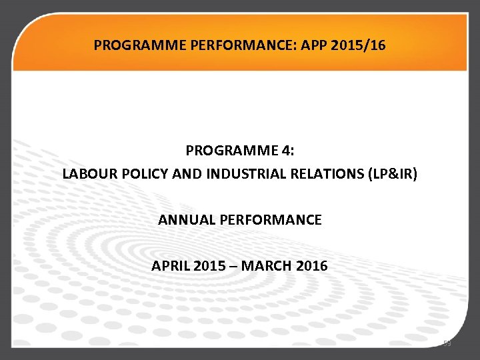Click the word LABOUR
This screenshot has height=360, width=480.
pyautogui.click(x=87, y=174)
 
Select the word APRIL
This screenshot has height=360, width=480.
pyautogui.click(x=171, y=265)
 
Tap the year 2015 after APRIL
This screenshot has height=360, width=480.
pyautogui.click(x=211, y=265)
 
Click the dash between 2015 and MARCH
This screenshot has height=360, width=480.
pyautogui.click(x=233, y=265)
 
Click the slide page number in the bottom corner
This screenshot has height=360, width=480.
pyautogui.click(x=447, y=344)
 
